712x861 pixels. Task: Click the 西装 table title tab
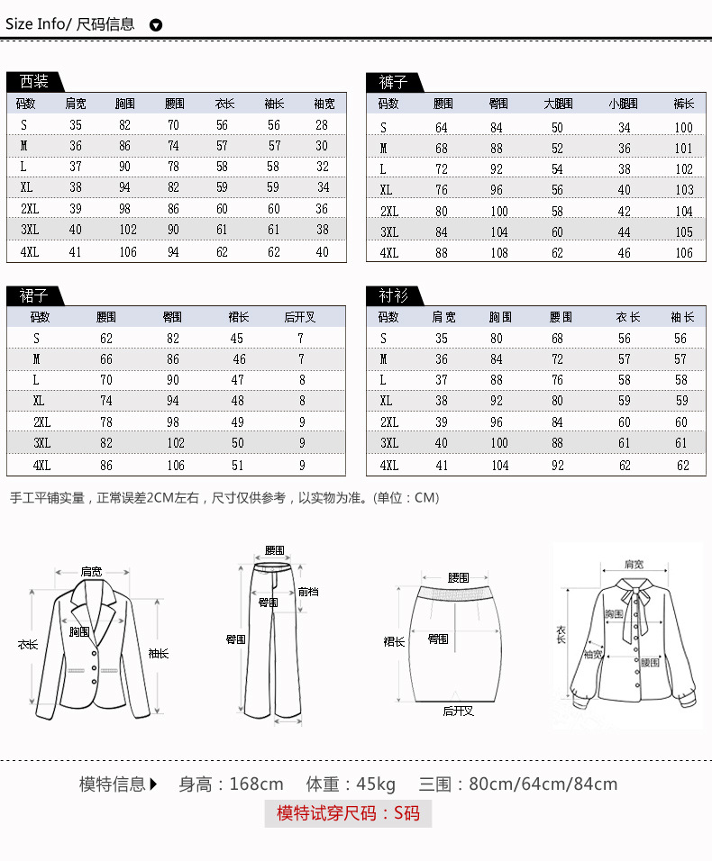pyautogui.click(x=34, y=82)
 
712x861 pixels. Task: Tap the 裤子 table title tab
pyautogui.click(x=393, y=82)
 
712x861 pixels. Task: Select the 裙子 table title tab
pyautogui.click(x=34, y=295)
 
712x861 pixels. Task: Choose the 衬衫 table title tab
pyautogui.click(x=393, y=295)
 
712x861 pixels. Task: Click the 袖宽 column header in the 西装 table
pyautogui.click(x=324, y=104)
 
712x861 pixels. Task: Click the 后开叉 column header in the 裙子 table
pyautogui.click(x=300, y=317)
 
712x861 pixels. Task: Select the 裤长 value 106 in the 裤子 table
pyautogui.click(x=684, y=253)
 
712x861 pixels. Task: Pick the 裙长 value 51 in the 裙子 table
pyautogui.click(x=237, y=466)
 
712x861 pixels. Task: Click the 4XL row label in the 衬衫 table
pyautogui.click(x=389, y=466)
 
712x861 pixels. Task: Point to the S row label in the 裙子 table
pyautogui.click(x=37, y=339)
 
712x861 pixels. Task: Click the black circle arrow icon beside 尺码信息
pyautogui.click(x=155, y=25)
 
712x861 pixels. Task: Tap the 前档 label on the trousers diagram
pyautogui.click(x=308, y=592)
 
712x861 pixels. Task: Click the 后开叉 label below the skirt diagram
pyautogui.click(x=458, y=711)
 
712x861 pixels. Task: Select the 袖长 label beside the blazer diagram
pyautogui.click(x=158, y=653)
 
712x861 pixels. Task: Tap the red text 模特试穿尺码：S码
pyautogui.click(x=348, y=813)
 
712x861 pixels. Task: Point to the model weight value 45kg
pyautogui.click(x=375, y=784)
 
